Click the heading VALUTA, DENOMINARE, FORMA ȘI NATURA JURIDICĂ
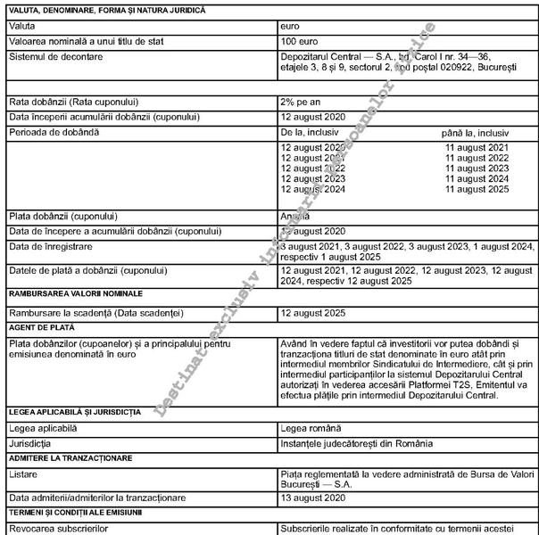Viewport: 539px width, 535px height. pyautogui.click(x=106, y=10)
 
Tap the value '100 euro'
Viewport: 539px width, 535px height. pyautogui.click(x=301, y=42)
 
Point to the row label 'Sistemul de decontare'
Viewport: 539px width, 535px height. pyautogui.click(x=55, y=56)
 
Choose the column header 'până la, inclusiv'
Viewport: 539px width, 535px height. pyautogui.click(x=477, y=132)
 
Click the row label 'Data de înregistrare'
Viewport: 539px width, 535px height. pyautogui.click(x=49, y=245)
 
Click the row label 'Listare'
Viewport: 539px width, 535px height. pyautogui.click(x=23, y=474)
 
